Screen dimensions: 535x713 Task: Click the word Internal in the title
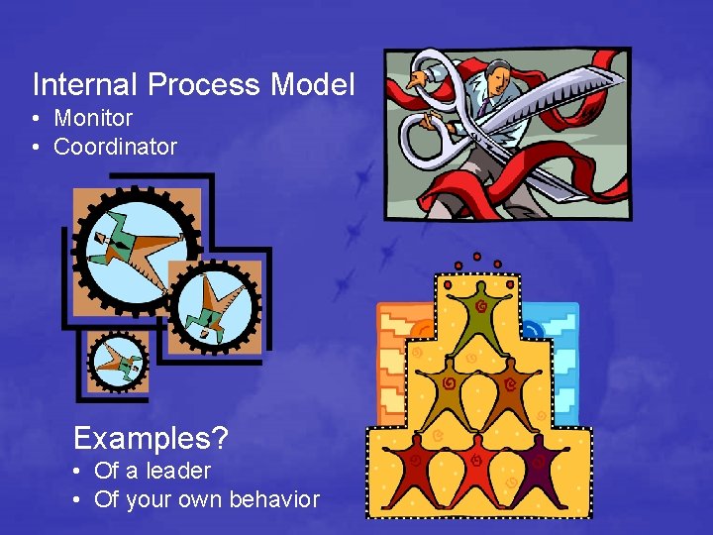point(85,85)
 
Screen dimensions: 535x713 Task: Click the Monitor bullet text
point(93,118)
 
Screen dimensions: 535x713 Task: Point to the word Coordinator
point(115,147)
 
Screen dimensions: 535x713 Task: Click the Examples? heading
point(151,437)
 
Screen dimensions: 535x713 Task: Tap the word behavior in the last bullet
point(274,499)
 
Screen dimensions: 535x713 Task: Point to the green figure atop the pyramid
point(479,311)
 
